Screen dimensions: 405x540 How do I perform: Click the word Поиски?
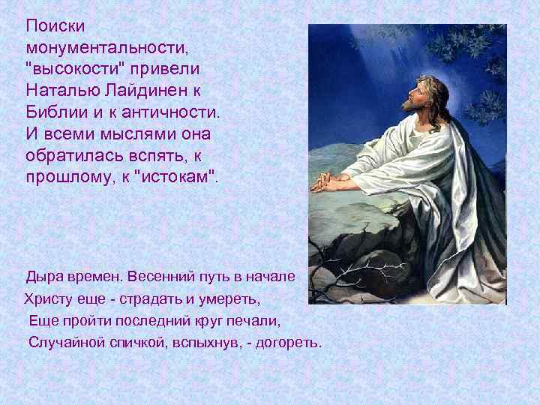pos(55,26)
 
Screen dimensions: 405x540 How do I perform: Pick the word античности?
pos(166,112)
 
